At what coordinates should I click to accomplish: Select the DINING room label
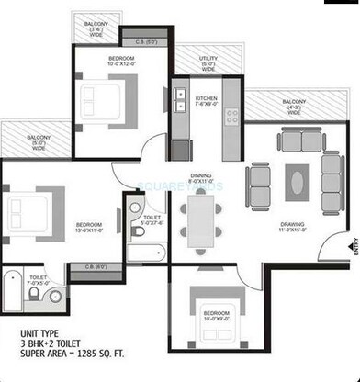[200, 178]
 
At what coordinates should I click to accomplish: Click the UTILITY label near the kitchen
[208, 62]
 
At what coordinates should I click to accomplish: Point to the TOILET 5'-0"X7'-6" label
[152, 216]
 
